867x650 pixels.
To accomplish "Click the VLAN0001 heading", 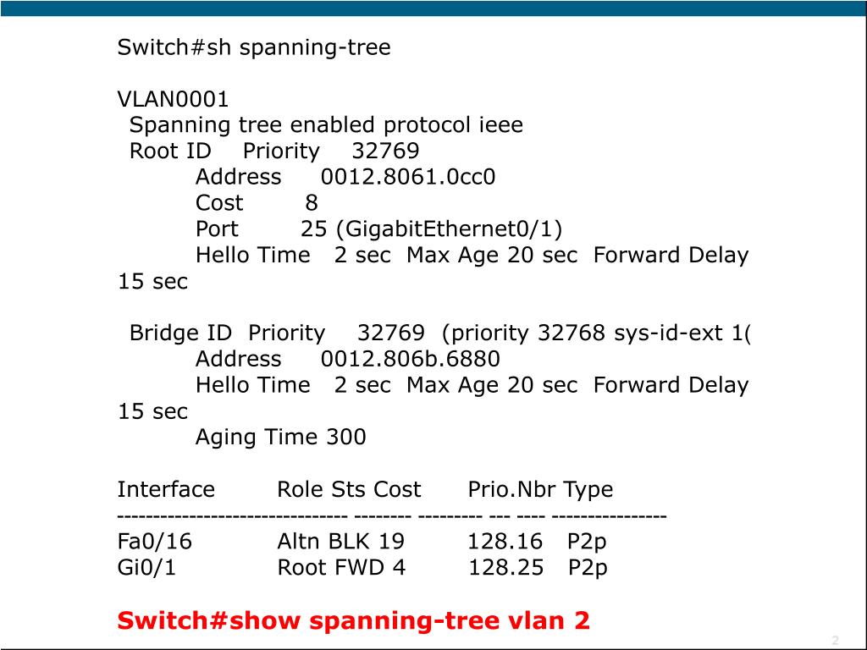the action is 173,99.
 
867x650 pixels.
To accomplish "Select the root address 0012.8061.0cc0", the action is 408,177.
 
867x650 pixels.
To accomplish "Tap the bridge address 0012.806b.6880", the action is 410,359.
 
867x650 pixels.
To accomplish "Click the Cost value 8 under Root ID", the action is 312,203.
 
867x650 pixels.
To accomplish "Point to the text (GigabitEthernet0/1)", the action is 449,229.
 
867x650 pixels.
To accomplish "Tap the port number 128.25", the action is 505,567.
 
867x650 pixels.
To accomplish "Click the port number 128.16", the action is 505,541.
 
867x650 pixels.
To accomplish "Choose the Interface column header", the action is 166,489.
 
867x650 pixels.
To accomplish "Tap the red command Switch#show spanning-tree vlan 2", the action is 353,620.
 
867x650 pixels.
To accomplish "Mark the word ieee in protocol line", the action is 500,125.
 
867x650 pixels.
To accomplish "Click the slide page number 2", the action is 835,639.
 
